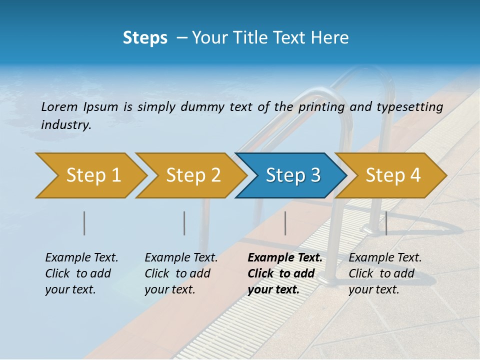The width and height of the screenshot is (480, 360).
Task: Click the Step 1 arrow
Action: coord(90,175)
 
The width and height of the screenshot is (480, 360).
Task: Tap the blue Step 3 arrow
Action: coord(291,175)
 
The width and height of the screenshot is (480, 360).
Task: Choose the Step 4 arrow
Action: coord(391,175)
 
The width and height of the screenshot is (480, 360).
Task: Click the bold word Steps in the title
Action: coord(145,38)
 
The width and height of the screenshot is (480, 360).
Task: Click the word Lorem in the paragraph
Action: coord(59,106)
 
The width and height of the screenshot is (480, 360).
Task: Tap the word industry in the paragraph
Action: coord(66,124)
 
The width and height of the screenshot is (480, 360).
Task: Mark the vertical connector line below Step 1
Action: coord(84,223)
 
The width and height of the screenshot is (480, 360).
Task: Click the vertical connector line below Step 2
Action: coord(184,223)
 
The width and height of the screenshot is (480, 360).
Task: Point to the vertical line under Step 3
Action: coord(285,223)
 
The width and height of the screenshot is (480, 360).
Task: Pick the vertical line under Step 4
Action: coord(386,223)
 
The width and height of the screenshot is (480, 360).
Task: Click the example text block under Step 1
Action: coord(81,273)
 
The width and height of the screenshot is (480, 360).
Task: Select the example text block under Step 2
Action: coord(181,273)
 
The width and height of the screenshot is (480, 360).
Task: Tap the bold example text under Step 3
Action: coord(284,273)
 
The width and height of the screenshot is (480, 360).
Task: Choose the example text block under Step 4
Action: coord(385,273)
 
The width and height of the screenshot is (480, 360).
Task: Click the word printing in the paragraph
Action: coord(321,106)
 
